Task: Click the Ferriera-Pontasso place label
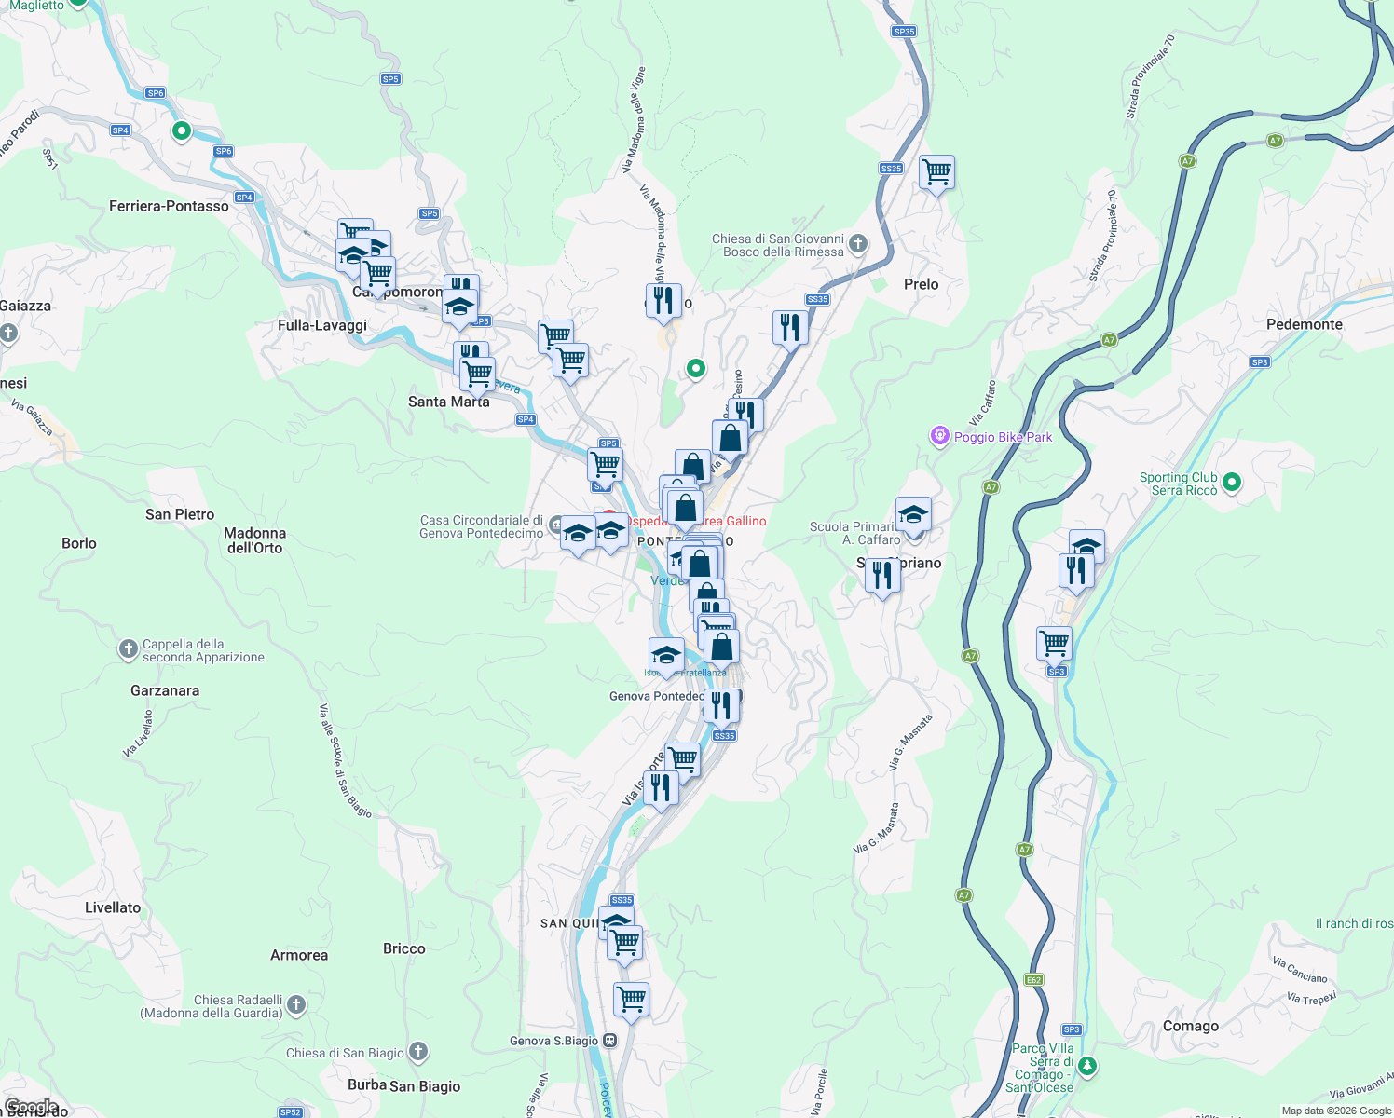coord(169,206)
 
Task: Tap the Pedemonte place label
coord(1304,324)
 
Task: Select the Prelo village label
coord(921,284)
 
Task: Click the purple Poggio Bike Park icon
coord(939,436)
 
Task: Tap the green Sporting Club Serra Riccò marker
coord(1232,483)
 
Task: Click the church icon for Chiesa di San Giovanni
coord(858,244)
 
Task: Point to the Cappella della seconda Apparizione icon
coord(129,649)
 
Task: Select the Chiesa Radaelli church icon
coord(296,1005)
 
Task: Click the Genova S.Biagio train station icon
coord(609,1041)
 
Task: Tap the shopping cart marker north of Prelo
coord(936,172)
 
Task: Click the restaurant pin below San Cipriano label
coord(881,576)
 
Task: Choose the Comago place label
coord(1190,1026)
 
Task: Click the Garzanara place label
coord(165,690)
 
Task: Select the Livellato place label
coord(113,907)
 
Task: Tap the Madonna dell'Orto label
coord(254,540)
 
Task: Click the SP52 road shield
coord(290,1112)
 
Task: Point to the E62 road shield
coord(1033,979)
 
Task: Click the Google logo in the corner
coord(31,1107)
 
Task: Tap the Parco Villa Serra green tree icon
coord(1087,1066)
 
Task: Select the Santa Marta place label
coord(448,402)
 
